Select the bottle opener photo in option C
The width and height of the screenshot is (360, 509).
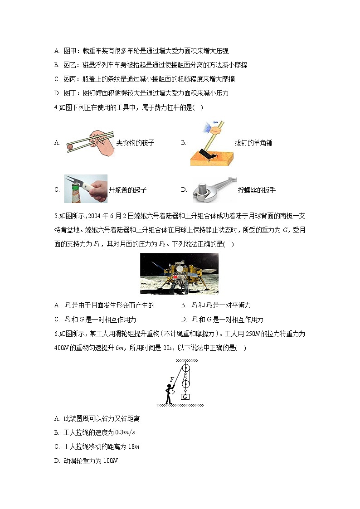click(x=86, y=189)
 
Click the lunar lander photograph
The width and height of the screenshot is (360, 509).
click(x=179, y=273)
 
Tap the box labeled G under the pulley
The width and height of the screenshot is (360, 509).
click(x=185, y=397)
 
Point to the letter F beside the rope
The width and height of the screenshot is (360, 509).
click(x=172, y=379)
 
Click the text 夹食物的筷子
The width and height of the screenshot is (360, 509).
click(x=135, y=143)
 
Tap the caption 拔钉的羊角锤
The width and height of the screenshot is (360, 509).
click(x=253, y=143)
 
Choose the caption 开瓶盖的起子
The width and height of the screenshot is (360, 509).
click(x=127, y=190)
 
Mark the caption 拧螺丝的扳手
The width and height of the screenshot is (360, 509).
click(x=257, y=190)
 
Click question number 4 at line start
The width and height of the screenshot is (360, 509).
click(x=55, y=107)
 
